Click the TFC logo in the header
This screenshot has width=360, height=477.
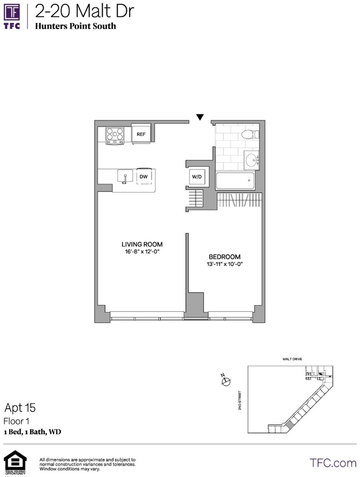pos(12,16)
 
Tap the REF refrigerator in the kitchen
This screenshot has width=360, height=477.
pos(141,134)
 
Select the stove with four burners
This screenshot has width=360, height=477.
pos(115,136)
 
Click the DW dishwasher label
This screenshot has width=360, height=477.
pos(143,177)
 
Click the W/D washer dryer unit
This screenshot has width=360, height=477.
pos(197,177)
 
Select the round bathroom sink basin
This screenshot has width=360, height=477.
pos(251,160)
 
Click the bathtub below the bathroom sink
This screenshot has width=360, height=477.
pos(235,181)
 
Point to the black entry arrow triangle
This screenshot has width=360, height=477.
pos(200,117)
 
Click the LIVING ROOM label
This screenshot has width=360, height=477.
pos(142,244)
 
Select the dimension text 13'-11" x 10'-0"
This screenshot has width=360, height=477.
pos(224,264)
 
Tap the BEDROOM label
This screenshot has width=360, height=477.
pos(224,257)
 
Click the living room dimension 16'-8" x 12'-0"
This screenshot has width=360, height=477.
pos(142,252)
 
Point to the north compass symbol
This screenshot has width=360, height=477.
pos(225,380)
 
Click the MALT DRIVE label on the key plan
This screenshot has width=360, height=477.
pos(292,359)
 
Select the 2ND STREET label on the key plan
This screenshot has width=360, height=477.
pos(239,400)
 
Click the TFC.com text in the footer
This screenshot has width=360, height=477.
pos(333,463)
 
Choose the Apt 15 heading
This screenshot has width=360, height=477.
pos(20,408)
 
